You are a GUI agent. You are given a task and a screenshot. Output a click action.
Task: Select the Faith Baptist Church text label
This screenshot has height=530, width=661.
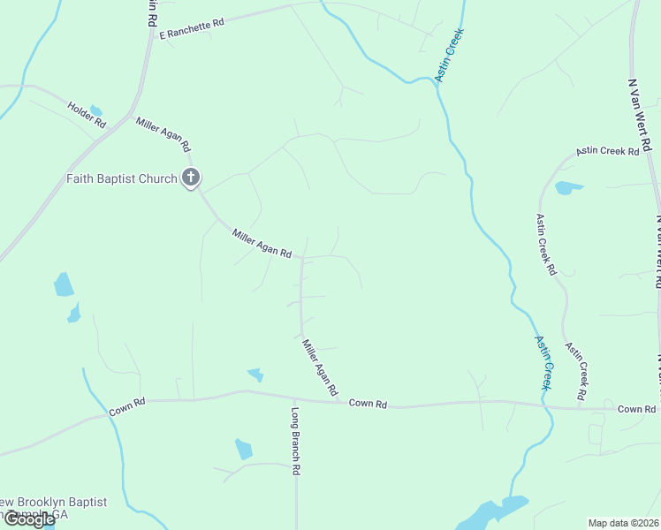pos(122,178)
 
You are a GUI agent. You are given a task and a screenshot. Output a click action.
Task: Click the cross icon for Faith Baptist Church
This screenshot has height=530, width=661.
pos(190,178)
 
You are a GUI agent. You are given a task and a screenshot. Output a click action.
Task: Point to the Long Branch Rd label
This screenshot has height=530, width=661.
pos(296,441)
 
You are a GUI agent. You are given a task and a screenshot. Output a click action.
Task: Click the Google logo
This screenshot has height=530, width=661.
pos(29,519)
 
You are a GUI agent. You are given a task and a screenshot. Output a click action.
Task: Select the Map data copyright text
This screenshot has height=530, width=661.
pos(623,523)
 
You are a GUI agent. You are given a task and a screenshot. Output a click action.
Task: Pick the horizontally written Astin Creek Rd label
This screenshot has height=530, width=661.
pos(607,152)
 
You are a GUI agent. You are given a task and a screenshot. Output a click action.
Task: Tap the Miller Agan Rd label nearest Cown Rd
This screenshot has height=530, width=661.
pos(320,367)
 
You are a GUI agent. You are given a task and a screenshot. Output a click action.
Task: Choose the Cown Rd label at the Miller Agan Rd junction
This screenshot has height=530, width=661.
pos(368,404)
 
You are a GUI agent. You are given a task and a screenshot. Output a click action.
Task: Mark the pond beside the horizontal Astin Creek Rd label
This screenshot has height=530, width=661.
pos(567,187)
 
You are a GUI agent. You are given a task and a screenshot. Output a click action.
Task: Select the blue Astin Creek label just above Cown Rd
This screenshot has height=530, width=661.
pos(544,362)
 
